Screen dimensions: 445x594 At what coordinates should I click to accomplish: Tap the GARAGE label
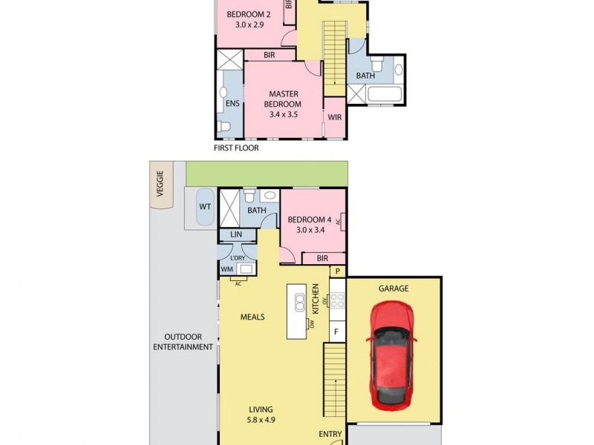point(394,289)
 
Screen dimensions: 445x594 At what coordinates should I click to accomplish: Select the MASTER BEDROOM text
point(284,99)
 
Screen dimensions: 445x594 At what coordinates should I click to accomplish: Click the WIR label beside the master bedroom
point(335,117)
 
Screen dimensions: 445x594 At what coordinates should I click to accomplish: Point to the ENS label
point(232,104)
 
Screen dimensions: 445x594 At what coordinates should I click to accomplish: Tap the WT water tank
point(204,207)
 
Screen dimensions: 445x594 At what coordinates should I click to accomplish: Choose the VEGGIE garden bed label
point(160,180)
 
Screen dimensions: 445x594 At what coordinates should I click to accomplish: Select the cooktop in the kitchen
point(338,301)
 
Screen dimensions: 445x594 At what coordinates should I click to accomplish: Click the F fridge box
point(336,331)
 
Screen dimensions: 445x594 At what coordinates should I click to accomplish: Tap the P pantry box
point(337,271)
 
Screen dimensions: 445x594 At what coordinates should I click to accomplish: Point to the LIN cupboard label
point(237,234)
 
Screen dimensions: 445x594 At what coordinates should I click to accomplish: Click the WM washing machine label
point(226,270)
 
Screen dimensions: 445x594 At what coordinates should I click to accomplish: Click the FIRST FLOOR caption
point(236,148)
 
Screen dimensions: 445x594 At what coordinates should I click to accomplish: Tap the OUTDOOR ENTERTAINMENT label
point(183,342)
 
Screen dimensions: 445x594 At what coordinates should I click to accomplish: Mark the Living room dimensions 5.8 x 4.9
point(261,420)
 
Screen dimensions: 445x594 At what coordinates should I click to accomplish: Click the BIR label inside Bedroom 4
point(322,258)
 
